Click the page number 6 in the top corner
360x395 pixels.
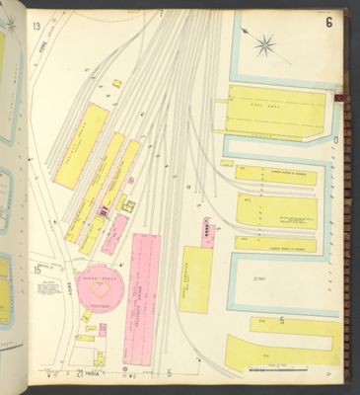tap(327, 22)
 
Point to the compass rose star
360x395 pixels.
tap(264, 44)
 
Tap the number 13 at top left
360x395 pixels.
tap(36, 26)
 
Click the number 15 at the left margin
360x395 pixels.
tap(36, 269)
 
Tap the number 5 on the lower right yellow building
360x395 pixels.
tap(281, 320)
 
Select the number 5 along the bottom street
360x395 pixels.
tap(169, 374)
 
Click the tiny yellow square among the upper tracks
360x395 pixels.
tap(116, 84)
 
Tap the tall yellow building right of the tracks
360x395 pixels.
tap(195, 278)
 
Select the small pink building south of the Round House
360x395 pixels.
tap(102, 330)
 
